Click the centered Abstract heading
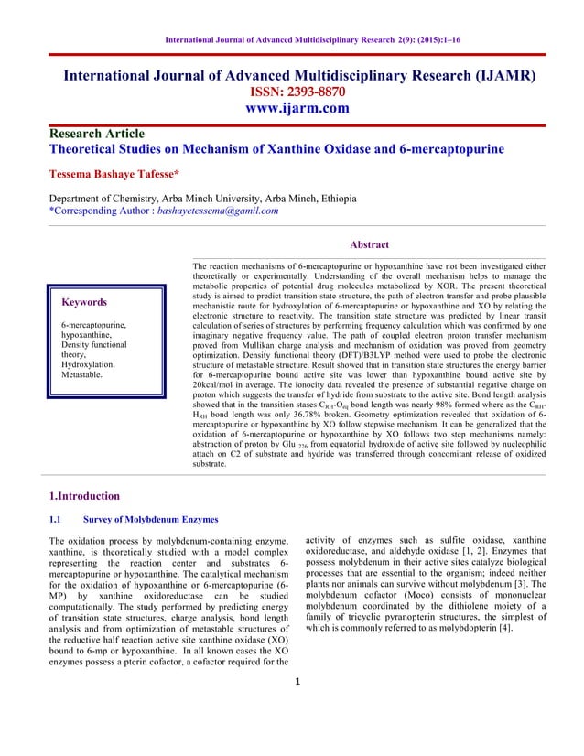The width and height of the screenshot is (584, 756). [370, 244]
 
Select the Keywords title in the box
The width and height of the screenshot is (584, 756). [83, 302]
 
